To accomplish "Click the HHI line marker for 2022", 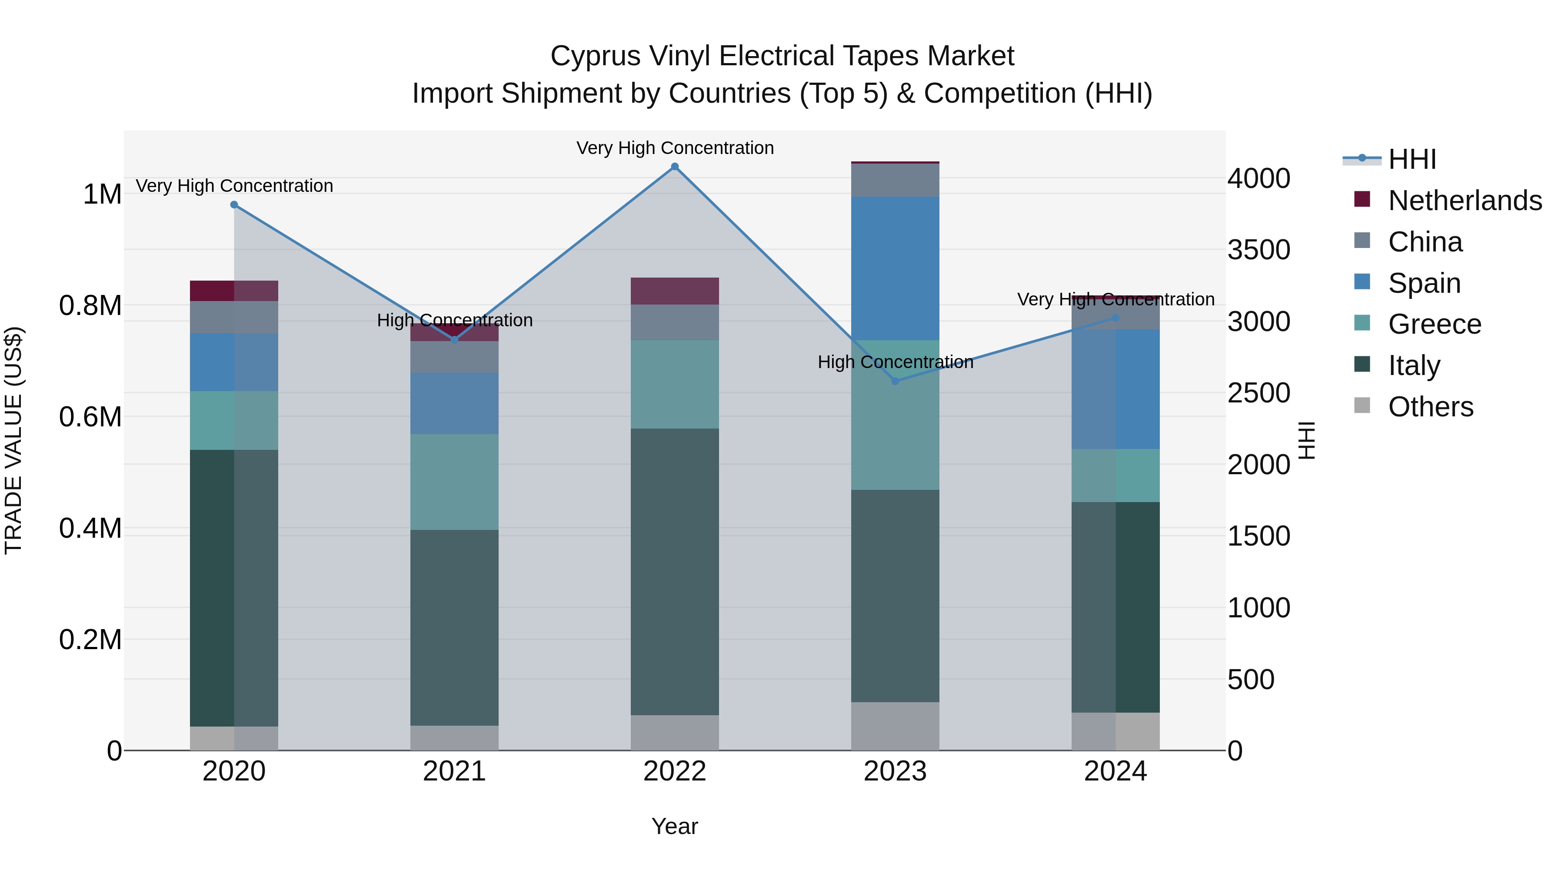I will coord(674,167).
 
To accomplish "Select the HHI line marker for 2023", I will coord(895,381).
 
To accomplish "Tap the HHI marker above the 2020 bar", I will coord(234,205).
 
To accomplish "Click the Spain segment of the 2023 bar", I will coord(895,268).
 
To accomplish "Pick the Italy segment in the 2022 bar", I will coord(674,572).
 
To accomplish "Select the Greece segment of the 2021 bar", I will coord(454,482).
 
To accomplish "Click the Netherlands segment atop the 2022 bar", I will coord(674,291).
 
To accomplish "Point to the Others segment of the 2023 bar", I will coord(895,726).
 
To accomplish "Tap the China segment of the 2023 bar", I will coord(895,180).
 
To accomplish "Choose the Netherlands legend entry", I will coord(1464,201).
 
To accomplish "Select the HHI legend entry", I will coord(1412,159).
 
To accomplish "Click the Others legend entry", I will coord(1430,406).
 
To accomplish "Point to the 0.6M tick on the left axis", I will coord(90,417).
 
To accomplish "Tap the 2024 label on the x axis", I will coord(1115,771).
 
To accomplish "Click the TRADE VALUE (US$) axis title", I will coord(13,440).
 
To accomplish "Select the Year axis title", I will coord(674,826).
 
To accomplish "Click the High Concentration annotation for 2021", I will coord(454,320).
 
